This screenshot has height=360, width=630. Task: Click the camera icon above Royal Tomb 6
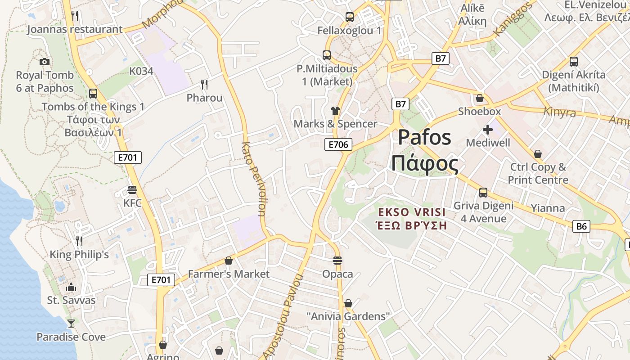click(45, 62)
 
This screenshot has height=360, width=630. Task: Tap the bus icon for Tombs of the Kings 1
click(93, 94)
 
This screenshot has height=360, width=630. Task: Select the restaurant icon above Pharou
click(204, 84)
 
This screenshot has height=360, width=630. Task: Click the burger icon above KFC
click(132, 190)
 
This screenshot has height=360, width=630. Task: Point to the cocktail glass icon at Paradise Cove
click(71, 323)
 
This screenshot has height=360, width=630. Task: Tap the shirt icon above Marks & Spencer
click(335, 110)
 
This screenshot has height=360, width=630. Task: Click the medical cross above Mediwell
click(488, 130)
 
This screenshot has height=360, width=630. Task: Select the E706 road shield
click(338, 144)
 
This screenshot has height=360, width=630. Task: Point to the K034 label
click(141, 71)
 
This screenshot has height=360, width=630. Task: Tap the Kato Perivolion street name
click(255, 179)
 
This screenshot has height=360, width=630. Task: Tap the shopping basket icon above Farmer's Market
click(229, 261)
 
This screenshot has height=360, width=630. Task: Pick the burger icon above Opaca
click(337, 261)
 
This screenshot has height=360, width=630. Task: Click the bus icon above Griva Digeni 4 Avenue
click(483, 193)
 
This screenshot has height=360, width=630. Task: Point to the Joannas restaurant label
click(75, 30)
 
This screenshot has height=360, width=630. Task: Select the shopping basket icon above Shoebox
click(480, 98)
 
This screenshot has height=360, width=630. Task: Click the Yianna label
click(548, 208)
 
